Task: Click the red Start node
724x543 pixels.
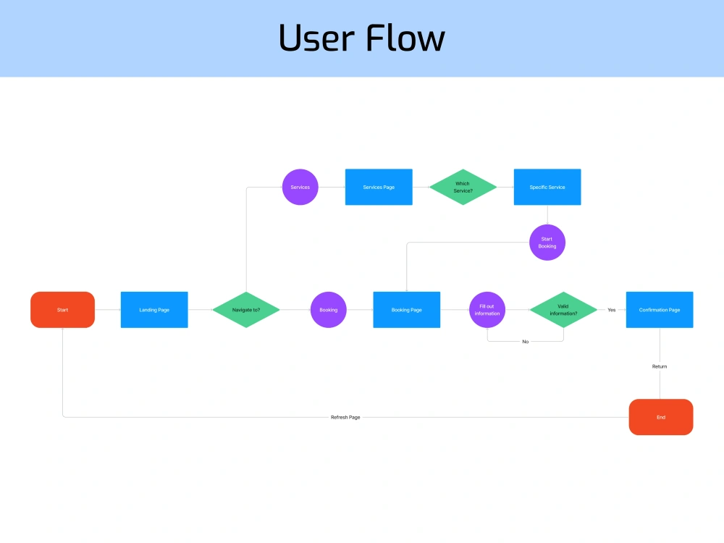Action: click(x=62, y=310)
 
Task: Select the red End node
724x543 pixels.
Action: click(x=661, y=417)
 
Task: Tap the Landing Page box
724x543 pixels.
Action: click(x=154, y=310)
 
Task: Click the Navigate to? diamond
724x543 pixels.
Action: click(x=246, y=310)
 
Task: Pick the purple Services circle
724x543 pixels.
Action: click(x=300, y=187)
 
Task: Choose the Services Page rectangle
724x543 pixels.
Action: click(x=379, y=187)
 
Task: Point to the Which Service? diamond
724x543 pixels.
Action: click(x=463, y=187)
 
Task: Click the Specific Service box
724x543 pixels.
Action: click(x=547, y=187)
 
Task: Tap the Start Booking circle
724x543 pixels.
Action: click(x=547, y=243)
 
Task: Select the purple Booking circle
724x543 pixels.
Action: click(x=328, y=310)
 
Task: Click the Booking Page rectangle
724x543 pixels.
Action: click(x=406, y=310)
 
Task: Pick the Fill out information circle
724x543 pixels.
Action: click(x=487, y=310)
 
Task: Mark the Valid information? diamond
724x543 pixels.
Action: click(x=563, y=310)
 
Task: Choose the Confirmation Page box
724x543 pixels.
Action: click(x=660, y=310)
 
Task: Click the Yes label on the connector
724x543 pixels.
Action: click(x=611, y=310)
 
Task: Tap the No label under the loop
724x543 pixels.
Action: click(x=525, y=342)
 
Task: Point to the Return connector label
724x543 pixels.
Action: click(x=660, y=366)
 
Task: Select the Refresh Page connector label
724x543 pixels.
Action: click(x=345, y=418)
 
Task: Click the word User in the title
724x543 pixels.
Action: click(x=317, y=38)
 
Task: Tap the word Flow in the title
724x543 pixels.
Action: click(x=405, y=37)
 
